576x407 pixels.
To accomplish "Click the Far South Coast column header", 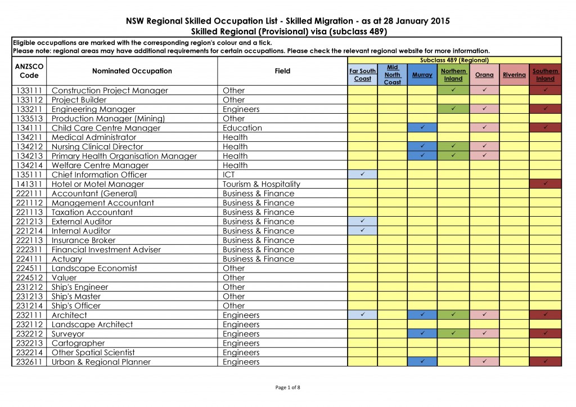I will tap(362, 75).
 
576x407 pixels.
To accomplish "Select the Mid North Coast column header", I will tap(392, 75).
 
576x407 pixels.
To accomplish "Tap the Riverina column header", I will tap(514, 75).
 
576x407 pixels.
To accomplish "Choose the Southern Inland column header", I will tap(545, 75).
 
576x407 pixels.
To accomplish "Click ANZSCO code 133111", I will tap(29, 91).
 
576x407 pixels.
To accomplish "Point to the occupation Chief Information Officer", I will tap(99, 175).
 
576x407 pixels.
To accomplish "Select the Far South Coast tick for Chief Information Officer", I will tap(362, 175).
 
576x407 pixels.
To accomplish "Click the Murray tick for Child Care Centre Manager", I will tap(422, 128).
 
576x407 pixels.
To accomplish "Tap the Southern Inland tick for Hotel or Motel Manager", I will tap(545, 184).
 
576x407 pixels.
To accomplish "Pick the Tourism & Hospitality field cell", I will tap(262, 184).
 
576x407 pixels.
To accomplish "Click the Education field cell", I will tap(242, 128).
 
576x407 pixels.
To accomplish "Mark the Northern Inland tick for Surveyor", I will tap(453, 334).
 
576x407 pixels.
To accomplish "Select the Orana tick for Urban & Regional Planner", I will tap(484, 362).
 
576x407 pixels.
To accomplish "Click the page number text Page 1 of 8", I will tap(288, 387).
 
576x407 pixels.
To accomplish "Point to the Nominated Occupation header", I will tap(132, 71).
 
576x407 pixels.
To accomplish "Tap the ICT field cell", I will tap(231, 175).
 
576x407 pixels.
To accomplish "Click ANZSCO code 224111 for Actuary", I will tap(29, 259).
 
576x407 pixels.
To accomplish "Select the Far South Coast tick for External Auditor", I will tap(362, 221).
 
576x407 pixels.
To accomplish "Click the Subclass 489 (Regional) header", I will tap(454, 60).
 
